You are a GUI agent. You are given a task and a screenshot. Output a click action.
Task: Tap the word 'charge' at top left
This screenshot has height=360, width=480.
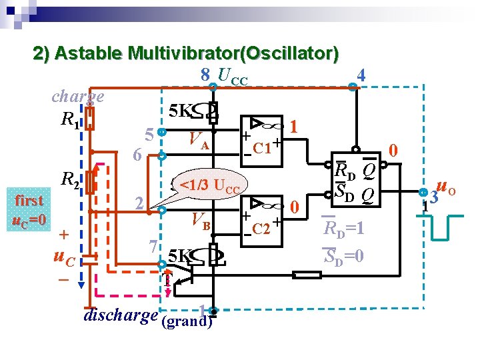click(78, 96)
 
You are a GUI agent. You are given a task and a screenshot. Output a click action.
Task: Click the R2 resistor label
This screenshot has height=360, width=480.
click(70, 179)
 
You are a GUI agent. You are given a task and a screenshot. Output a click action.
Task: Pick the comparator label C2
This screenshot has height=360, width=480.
click(261, 229)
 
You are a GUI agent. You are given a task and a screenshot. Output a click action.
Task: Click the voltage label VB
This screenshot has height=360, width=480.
click(200, 219)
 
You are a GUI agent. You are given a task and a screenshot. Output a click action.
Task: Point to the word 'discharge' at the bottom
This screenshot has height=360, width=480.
click(121, 315)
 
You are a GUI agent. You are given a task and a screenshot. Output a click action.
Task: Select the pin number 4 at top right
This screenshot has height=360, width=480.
click(361, 75)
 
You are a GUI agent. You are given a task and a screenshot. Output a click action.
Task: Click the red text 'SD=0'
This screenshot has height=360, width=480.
click(345, 255)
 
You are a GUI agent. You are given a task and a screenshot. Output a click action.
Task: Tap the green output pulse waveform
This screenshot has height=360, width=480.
click(443, 226)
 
